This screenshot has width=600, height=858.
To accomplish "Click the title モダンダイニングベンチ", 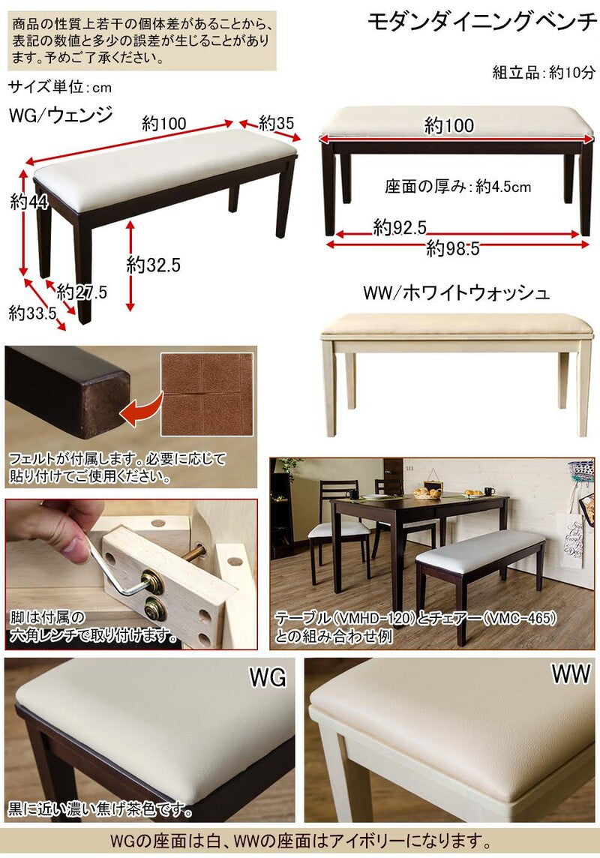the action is click(x=481, y=22).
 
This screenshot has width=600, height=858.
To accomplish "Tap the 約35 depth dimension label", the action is click(x=276, y=122).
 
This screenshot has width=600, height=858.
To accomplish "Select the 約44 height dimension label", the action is click(x=29, y=202).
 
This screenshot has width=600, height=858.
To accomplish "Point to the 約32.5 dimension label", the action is click(x=154, y=265).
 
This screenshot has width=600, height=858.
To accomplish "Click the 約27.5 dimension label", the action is click(x=82, y=292).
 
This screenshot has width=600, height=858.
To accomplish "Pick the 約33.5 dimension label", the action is click(x=32, y=313).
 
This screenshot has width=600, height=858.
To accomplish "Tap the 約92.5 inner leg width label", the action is click(x=400, y=227).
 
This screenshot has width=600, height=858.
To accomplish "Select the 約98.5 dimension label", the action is click(x=453, y=248).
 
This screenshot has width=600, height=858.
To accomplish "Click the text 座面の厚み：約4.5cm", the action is click(x=457, y=187).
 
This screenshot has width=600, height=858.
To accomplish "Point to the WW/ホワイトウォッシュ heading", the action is click(x=456, y=292).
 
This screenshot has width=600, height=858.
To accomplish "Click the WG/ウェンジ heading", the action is click(x=61, y=114).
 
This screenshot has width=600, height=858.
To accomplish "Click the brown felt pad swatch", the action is click(x=207, y=394).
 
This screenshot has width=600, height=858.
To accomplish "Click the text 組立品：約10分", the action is click(x=544, y=72).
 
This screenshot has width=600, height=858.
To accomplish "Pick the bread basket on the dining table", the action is click(x=427, y=493).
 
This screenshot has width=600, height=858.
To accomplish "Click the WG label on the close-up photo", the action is click(x=268, y=677).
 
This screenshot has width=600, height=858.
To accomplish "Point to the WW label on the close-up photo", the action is click(x=571, y=673).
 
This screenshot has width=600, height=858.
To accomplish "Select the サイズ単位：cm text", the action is click(x=60, y=87).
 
